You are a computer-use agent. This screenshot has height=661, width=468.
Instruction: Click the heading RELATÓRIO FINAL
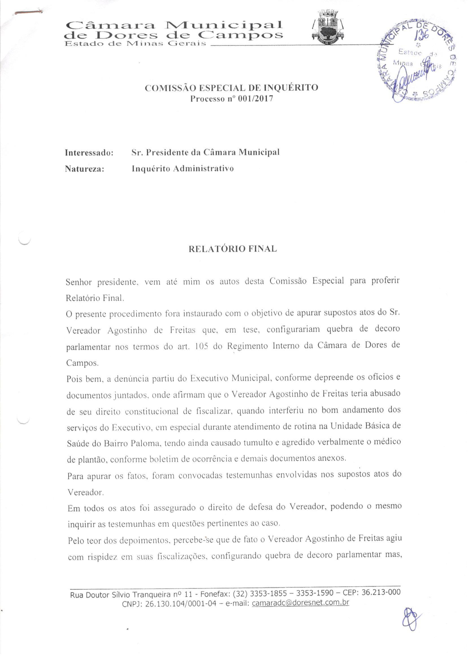pos(233,249)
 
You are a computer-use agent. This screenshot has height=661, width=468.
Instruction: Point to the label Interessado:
pos(89,153)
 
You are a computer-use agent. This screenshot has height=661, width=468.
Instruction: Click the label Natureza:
pos(84,169)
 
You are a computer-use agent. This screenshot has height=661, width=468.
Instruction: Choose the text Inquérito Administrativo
pos(182,168)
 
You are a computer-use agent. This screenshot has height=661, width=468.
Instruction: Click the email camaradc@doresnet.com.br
pos(300,603)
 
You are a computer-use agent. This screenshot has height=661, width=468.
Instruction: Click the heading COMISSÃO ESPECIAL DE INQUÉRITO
pos(231,88)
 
